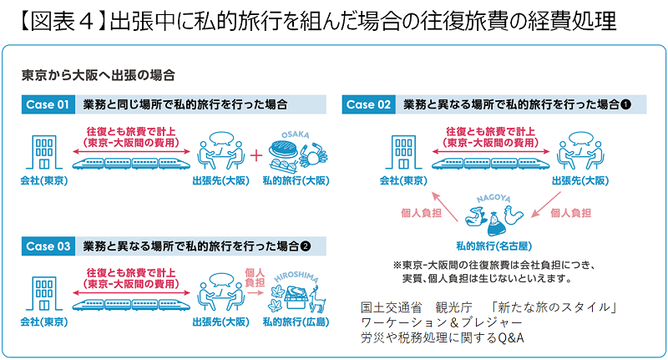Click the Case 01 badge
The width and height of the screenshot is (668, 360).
coord(50,105)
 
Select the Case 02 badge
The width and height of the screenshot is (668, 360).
coord(369,105)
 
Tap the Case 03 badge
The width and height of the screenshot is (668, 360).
coord(50,246)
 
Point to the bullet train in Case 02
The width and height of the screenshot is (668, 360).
coord(492,163)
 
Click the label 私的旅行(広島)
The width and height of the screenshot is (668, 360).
coord(306,322)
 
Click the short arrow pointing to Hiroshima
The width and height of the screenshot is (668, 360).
coord(254,294)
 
